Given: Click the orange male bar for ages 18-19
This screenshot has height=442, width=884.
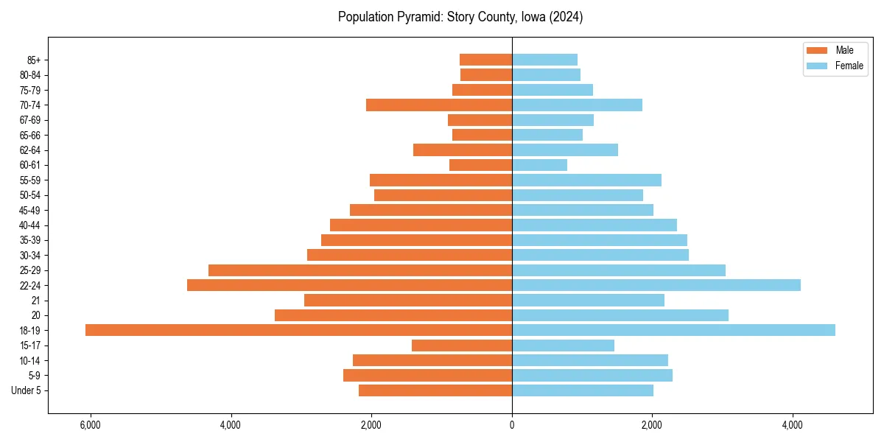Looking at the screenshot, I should [x=298, y=330].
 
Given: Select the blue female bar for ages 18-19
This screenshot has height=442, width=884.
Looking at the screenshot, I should [x=673, y=330].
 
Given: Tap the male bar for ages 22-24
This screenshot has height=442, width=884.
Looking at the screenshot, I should [x=349, y=285].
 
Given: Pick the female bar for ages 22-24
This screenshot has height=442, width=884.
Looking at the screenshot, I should [x=656, y=285].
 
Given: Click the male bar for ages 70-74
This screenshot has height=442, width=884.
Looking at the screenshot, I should [x=438, y=105].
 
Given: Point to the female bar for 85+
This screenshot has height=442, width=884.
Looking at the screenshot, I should [x=544, y=60].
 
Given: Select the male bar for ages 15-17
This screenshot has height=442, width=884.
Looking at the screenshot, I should [x=461, y=345].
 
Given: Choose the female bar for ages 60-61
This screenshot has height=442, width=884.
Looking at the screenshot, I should [x=539, y=165].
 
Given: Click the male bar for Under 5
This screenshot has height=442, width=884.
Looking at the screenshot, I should [x=435, y=390].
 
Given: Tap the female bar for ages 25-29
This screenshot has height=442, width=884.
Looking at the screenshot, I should [x=618, y=270].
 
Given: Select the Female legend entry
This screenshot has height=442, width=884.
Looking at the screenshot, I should [x=835, y=66].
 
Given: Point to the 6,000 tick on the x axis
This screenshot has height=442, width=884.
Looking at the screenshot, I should [x=90, y=426].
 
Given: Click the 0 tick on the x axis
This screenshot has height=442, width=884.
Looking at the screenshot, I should [x=512, y=426].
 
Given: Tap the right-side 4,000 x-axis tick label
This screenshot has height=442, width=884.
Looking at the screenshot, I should [x=793, y=426].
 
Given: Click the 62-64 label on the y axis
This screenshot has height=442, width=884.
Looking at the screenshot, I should [x=30, y=150].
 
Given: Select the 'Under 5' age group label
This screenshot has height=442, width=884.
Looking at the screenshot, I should [x=27, y=390].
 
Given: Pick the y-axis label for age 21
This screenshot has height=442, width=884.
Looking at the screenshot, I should [x=36, y=301].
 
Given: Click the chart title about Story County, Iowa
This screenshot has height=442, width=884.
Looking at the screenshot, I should [x=460, y=17].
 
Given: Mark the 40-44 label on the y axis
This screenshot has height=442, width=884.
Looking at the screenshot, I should [x=30, y=225].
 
